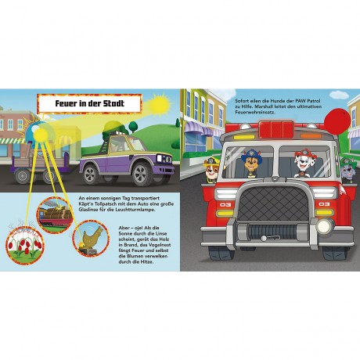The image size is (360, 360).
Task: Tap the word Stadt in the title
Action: tap(113, 103)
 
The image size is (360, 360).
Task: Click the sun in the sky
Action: tap(159, 104)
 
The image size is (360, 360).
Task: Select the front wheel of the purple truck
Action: tap(141, 174)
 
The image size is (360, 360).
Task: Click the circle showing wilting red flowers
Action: tap(25, 245)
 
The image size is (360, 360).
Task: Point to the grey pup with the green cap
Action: tap(348, 170)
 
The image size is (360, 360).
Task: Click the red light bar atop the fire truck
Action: tap(276, 129)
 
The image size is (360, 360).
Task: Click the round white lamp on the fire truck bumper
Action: tap(325, 225)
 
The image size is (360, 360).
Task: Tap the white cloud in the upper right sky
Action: tap(339, 94)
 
